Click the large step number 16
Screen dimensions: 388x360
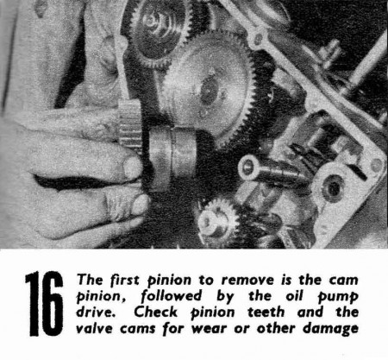44,304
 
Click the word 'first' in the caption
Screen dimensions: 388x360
124,280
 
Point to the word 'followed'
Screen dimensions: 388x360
172,296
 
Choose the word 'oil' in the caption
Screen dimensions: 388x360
294,296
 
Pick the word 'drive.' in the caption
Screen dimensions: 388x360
95,312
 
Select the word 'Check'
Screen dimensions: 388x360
155,312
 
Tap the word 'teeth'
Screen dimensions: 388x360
266,313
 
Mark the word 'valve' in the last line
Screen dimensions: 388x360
94,328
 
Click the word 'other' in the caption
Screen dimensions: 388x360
276,328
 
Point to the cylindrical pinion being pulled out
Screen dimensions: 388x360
172,157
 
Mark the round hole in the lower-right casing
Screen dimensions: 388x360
333,187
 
